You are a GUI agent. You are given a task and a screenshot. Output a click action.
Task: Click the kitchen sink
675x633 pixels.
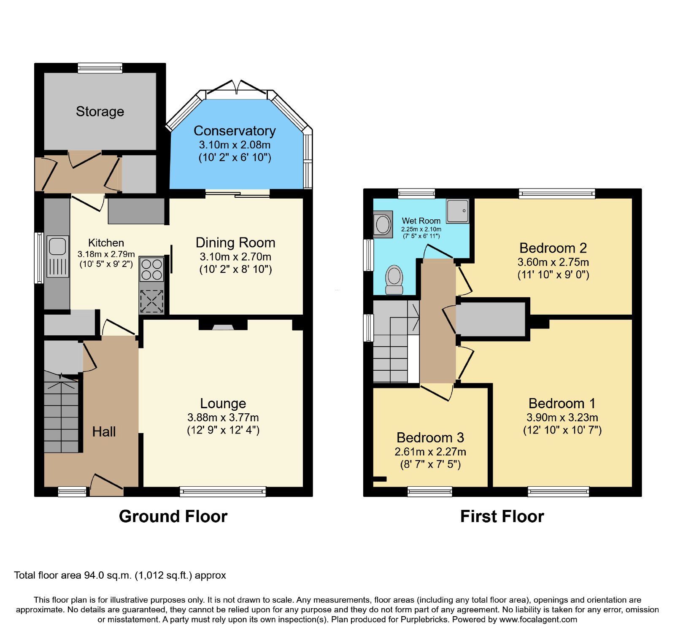[57, 256]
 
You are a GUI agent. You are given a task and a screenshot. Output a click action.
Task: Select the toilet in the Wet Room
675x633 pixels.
[394, 280]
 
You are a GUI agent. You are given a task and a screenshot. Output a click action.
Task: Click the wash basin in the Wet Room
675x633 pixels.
[383, 224]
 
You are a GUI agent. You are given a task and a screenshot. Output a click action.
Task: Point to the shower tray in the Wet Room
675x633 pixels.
[458, 211]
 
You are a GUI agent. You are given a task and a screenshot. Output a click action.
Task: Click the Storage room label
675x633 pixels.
[100, 111]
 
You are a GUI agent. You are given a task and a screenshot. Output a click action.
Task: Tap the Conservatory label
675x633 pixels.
[235, 131]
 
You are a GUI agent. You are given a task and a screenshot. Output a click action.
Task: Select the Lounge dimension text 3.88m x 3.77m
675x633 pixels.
[223, 418]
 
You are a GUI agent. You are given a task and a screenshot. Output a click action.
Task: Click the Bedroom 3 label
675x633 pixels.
[430, 437]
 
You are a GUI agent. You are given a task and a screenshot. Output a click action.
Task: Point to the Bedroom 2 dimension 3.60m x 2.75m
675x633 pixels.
[553, 262]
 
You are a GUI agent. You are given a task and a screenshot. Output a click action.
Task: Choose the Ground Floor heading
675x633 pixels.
[173, 516]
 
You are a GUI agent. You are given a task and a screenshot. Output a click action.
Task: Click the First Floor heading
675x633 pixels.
[502, 516]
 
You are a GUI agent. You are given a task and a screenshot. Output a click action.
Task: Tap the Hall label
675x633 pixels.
[104, 431]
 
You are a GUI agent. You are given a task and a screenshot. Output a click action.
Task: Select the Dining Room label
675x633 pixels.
[235, 242]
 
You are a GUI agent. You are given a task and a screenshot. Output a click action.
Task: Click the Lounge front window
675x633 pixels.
[223, 491]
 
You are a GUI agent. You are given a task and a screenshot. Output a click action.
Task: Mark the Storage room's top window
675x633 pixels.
[100, 68]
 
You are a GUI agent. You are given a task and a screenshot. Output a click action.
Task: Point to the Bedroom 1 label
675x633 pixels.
[562, 403]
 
